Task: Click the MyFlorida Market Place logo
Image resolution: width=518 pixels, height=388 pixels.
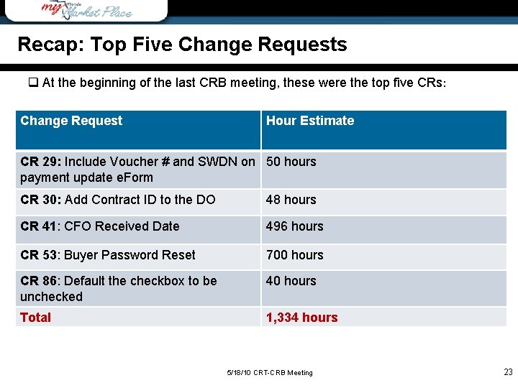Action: coord(86,10)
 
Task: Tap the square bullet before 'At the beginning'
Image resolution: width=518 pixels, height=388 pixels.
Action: coord(32,83)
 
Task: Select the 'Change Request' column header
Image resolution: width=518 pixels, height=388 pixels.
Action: coord(71,121)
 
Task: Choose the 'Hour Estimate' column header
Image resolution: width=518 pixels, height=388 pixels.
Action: coord(310,121)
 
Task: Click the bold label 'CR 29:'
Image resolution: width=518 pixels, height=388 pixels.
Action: coord(40,162)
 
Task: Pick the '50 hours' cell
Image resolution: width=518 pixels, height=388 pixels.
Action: coord(291,162)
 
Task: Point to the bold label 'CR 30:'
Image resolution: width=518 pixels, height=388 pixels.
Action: coord(40,200)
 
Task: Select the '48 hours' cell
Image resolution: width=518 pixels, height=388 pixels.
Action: coord(291,200)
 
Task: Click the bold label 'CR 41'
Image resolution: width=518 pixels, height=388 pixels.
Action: coord(38,226)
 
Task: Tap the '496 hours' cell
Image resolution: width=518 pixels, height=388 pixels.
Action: coord(294,226)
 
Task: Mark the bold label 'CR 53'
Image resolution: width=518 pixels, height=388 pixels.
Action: coord(38,255)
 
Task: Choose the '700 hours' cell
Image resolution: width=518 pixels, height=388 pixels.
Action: coord(294,255)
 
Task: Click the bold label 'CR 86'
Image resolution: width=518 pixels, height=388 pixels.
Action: coord(38,281)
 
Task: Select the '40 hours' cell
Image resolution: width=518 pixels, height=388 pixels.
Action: coord(291,281)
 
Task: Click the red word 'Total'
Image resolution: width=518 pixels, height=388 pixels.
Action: coord(36,318)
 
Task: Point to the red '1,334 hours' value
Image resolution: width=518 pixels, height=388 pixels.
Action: coord(301,318)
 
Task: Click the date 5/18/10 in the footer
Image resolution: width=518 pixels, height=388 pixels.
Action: coord(238,373)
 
